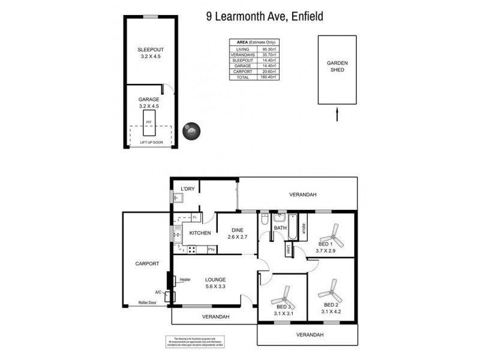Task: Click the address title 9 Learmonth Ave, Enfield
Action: [x=265, y=17]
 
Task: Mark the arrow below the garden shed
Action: [x=337, y=114]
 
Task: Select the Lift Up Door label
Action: [x=151, y=142]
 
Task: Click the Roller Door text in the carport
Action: [x=147, y=302]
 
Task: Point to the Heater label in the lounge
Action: [x=185, y=279]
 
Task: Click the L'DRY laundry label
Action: [x=188, y=189]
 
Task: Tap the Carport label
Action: [x=146, y=263]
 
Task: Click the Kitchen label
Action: [x=200, y=233]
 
